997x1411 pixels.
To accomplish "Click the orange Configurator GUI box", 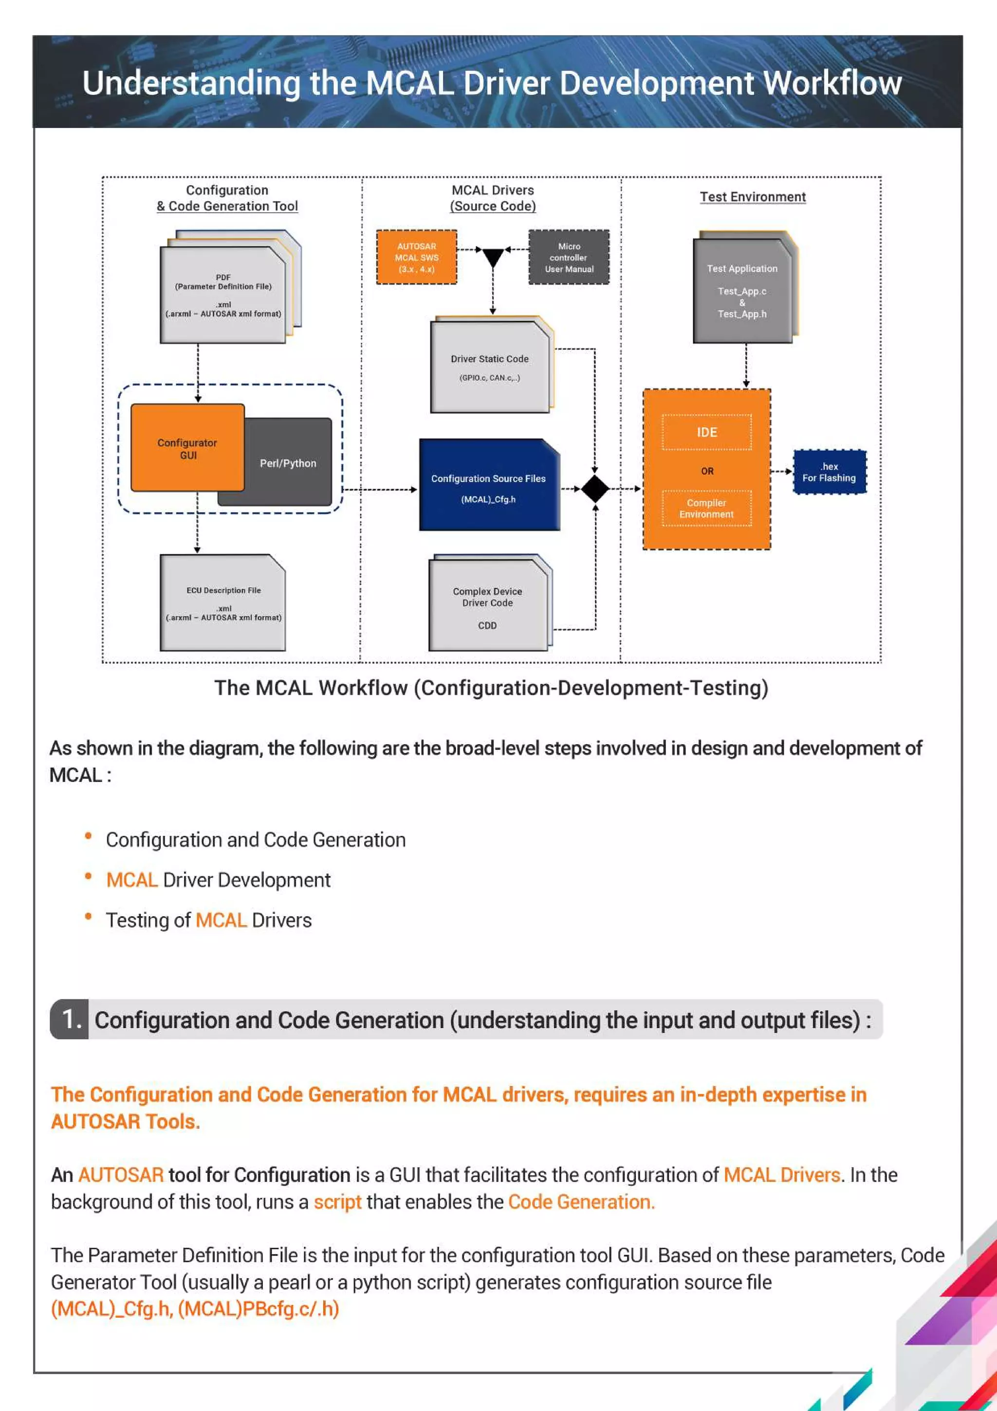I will (x=187, y=448).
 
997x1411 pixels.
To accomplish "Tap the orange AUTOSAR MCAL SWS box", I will (x=417, y=258).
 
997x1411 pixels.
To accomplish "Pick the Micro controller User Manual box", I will (x=569, y=258).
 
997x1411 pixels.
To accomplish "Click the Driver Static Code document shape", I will (x=490, y=367).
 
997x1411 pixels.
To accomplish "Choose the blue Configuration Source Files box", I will (x=488, y=486).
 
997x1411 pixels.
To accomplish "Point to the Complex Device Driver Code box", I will (x=488, y=605).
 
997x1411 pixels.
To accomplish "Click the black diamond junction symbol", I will (x=594, y=489).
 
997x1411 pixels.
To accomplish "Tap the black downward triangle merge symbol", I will (x=493, y=257).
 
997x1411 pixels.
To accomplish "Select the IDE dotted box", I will (x=706, y=433).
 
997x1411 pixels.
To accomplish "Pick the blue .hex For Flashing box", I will (x=830, y=472).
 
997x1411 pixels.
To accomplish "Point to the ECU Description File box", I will (x=223, y=603).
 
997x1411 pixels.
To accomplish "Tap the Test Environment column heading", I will (x=753, y=197).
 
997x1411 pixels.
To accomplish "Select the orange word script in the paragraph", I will (x=337, y=1202).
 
